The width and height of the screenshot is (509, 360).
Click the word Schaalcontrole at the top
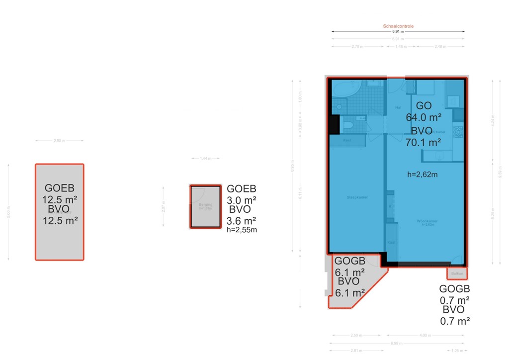point(398,26)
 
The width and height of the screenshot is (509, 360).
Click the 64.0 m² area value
point(424,118)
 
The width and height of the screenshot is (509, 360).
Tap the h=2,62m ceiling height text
point(422,175)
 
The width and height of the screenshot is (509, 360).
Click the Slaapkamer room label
point(357,197)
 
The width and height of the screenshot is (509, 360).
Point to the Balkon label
point(457,274)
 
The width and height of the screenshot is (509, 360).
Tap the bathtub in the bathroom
point(346,90)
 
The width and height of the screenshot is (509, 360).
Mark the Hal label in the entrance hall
point(398,107)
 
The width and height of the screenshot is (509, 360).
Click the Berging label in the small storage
point(205,204)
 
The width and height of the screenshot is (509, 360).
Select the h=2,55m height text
point(242,230)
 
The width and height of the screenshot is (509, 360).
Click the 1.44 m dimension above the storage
point(205,158)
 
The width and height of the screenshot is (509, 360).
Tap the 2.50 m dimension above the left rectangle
point(59,141)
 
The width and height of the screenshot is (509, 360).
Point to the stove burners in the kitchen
point(458,131)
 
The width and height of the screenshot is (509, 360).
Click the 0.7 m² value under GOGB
point(455,300)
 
